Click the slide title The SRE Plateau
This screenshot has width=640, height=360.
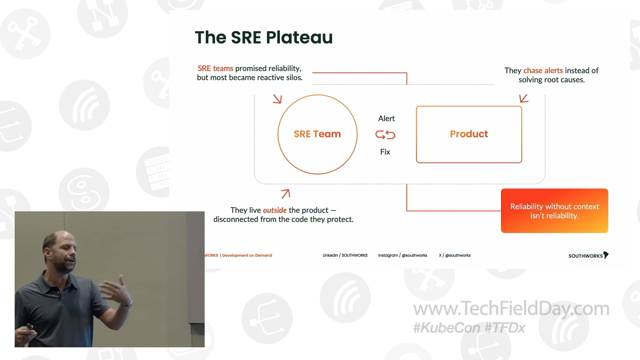click(x=264, y=37)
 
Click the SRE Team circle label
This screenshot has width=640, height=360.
click(x=317, y=134)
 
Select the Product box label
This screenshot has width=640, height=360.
click(x=469, y=134)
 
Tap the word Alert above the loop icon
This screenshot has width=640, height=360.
click(x=386, y=119)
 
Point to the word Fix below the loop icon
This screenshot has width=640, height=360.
click(x=385, y=152)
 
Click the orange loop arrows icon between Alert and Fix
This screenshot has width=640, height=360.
click(x=385, y=135)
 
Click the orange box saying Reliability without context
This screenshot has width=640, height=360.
click(x=554, y=211)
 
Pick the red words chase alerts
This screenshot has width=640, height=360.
click(x=543, y=71)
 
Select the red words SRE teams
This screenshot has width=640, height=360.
click(x=215, y=68)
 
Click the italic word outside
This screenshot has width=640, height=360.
click(x=275, y=210)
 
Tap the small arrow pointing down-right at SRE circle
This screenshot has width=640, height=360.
click(x=277, y=99)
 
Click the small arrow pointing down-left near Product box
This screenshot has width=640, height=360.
click(x=524, y=98)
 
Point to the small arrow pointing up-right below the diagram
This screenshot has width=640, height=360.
click(x=285, y=194)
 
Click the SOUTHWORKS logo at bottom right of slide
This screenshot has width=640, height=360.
click(x=588, y=256)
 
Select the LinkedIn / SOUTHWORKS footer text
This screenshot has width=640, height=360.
click(x=345, y=255)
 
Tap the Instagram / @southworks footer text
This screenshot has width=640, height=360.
click(x=402, y=255)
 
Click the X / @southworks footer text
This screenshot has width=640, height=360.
click(x=455, y=255)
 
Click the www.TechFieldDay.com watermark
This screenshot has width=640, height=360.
click(x=511, y=309)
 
